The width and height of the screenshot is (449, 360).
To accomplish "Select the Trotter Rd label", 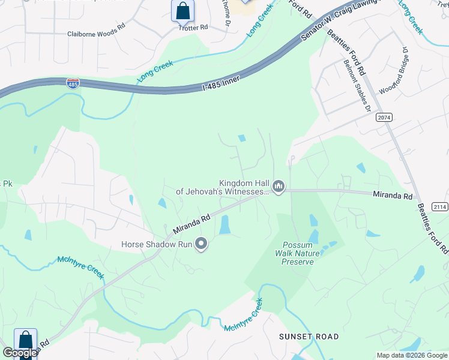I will point(193,28).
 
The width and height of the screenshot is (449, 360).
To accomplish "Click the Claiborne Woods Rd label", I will point(96,35).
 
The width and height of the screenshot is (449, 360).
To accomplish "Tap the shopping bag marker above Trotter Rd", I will point(182,11).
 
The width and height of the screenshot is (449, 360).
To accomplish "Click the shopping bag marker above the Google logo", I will point(25,340).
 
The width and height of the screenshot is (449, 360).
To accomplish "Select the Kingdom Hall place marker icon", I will point(278,187).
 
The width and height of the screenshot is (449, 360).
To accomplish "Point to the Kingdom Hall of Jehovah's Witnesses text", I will point(223,187).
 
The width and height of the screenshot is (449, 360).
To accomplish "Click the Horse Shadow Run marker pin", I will point(202,244).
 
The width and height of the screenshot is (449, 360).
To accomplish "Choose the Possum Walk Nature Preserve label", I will point(301,254).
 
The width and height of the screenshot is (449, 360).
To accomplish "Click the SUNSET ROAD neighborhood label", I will point(309,337).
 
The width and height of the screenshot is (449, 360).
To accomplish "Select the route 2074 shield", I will point(385,118).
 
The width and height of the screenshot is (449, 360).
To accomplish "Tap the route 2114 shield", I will point(439,206).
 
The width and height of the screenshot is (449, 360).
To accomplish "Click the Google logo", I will point(20,353).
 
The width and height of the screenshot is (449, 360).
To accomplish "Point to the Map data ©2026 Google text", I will point(412,355).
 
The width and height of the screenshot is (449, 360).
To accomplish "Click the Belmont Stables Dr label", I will point(357,85).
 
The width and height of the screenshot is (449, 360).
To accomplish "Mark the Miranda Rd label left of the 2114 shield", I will point(392,196).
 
